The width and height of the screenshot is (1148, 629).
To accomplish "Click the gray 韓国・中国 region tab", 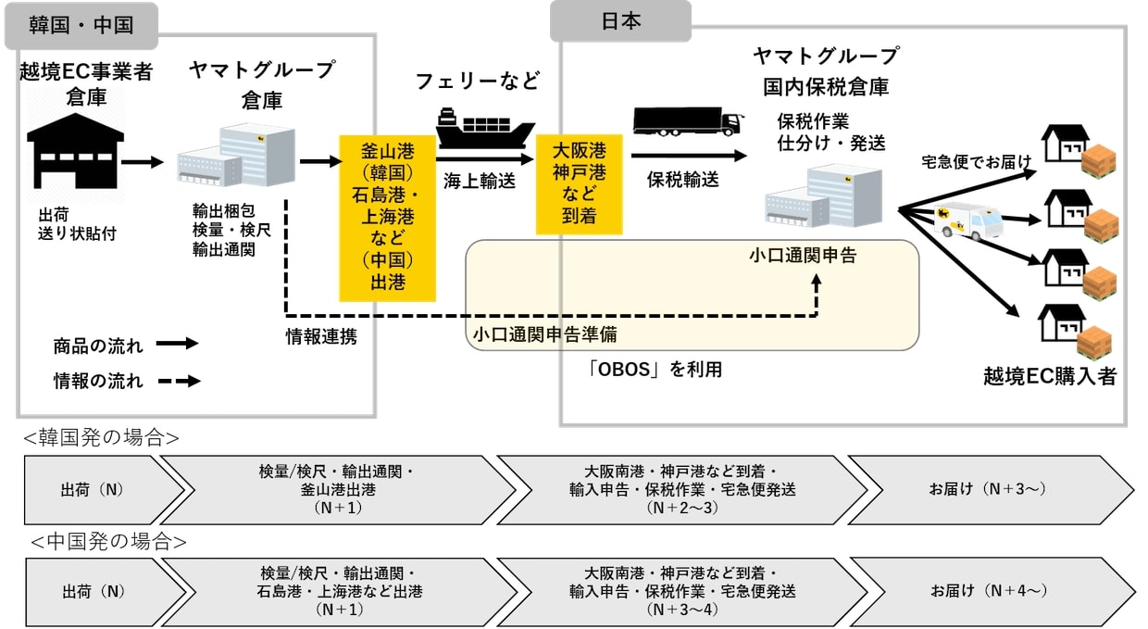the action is click(81, 26).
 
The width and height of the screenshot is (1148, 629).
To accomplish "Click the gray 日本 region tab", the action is click(620, 21).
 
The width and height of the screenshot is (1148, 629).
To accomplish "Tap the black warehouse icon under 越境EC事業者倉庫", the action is click(75, 151).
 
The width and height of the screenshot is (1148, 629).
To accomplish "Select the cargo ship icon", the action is click(484, 129).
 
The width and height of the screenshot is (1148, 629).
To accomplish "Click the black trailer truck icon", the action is click(688, 121).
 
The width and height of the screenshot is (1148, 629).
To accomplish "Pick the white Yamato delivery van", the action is click(968, 221).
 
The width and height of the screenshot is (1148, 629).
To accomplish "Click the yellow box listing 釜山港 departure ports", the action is click(387, 218).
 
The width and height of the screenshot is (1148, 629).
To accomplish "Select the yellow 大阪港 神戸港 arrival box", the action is click(580, 184).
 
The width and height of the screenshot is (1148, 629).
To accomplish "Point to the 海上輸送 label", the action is click(480, 181).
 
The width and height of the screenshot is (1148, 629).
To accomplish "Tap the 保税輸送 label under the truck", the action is click(682, 180).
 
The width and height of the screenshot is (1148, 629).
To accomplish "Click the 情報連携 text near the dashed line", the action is click(321, 337).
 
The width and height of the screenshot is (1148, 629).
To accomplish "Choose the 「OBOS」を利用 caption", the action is click(655, 369).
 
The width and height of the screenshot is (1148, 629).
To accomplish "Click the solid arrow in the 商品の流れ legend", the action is click(178, 344).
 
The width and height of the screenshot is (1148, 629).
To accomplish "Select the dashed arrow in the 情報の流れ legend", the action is click(179, 381).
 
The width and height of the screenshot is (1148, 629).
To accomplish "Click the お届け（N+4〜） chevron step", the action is click(992, 592).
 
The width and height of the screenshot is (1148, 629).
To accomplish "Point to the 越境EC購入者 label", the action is click(1050, 376).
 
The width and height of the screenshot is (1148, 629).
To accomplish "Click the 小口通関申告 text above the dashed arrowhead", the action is click(803, 256).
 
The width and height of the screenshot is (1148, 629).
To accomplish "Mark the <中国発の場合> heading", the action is click(108, 542).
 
